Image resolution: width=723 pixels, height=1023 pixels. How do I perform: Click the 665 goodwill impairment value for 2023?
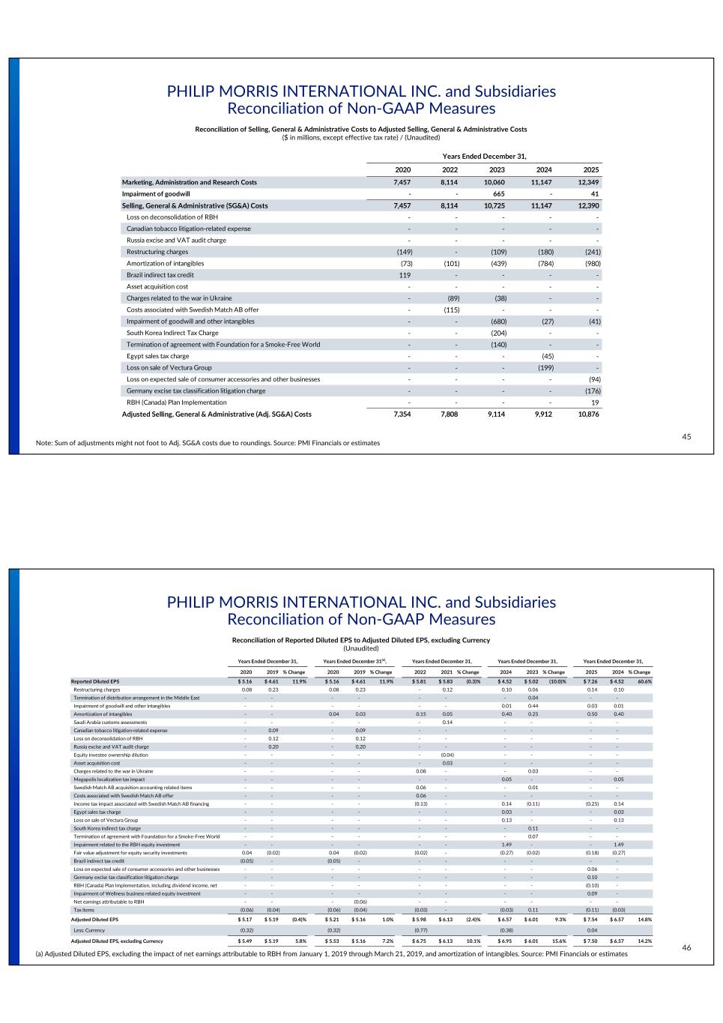(x=498, y=194)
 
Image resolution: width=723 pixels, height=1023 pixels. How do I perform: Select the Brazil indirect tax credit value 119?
(x=405, y=275)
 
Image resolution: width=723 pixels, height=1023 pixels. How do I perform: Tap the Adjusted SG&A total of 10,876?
(x=588, y=414)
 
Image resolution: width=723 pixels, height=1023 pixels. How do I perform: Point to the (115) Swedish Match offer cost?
(x=451, y=310)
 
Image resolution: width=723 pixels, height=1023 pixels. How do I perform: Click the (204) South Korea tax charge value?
(x=498, y=333)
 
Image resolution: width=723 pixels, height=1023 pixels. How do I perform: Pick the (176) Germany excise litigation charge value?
(x=592, y=390)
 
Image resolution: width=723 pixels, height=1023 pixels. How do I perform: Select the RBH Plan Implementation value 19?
(x=594, y=402)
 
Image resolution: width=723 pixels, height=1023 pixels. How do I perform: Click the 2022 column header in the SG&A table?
(x=450, y=169)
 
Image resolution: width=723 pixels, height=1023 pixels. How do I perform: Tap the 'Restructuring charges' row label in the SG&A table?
(x=157, y=252)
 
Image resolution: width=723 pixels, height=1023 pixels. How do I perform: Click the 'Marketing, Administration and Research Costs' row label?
(x=189, y=182)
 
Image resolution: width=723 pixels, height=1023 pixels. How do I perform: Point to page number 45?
(x=686, y=437)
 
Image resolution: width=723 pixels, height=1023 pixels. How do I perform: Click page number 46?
(x=686, y=948)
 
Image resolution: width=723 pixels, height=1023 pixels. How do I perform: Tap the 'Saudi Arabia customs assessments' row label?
(x=110, y=722)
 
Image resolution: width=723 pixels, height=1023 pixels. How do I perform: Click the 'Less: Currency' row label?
(x=88, y=930)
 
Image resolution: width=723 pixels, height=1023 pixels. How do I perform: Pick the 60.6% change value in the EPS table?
(x=644, y=681)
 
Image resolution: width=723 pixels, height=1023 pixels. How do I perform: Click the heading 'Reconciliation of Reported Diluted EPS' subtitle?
(x=361, y=640)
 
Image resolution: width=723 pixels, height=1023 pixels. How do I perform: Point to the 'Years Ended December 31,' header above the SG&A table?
(x=484, y=156)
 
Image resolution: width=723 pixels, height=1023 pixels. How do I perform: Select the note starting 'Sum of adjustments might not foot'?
(x=208, y=443)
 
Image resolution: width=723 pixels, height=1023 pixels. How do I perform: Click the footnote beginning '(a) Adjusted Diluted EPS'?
(x=331, y=954)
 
